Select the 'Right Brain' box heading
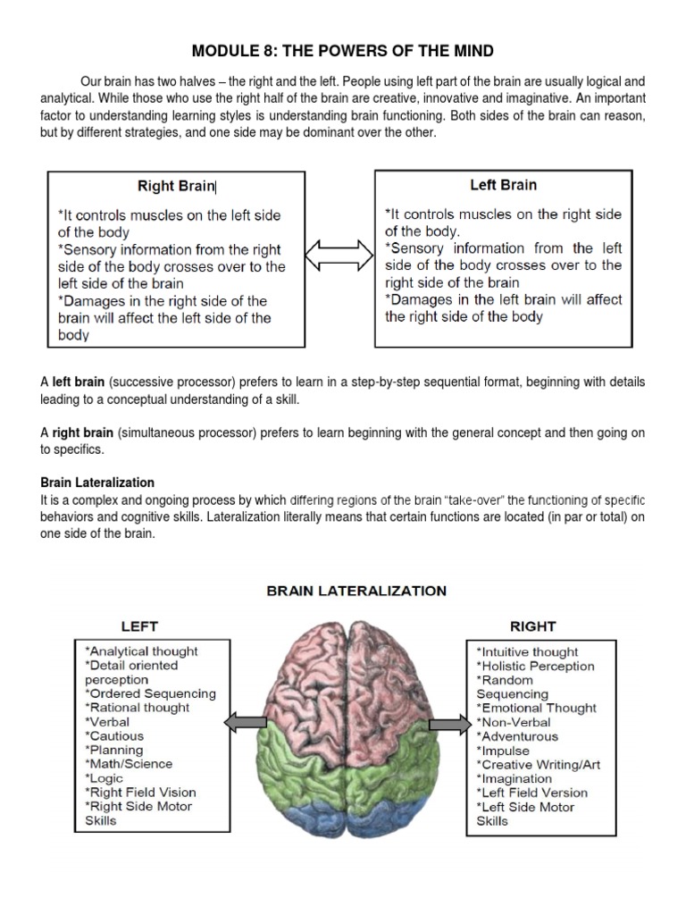(x=176, y=186)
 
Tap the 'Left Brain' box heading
(x=503, y=185)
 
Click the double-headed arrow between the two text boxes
(x=339, y=256)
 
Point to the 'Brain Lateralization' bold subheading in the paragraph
(x=97, y=483)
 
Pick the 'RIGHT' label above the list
(x=532, y=625)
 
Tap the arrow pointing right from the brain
(x=448, y=724)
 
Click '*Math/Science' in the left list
(x=129, y=764)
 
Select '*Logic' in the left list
(x=105, y=778)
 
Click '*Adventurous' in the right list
(x=517, y=736)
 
